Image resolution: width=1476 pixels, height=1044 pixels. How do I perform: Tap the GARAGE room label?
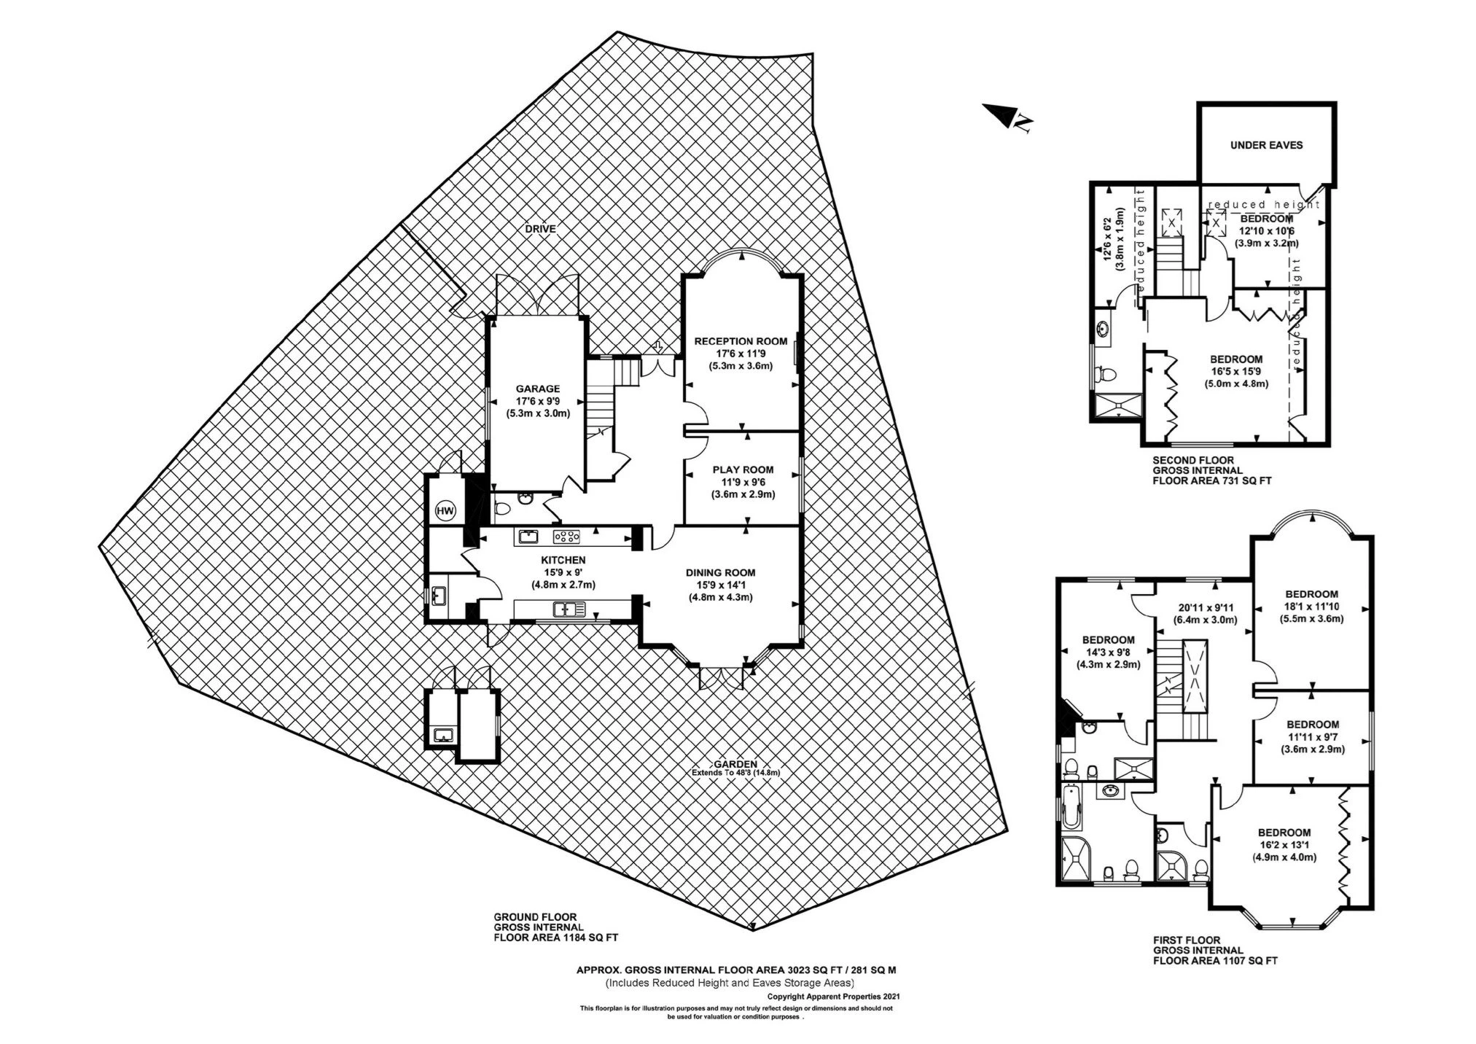(538, 389)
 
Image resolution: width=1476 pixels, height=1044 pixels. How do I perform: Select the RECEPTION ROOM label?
(741, 340)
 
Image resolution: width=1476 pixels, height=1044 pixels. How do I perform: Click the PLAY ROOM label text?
(743, 470)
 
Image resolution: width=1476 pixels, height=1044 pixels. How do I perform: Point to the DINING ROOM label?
(720, 572)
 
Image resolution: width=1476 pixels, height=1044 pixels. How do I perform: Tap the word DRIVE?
(540, 229)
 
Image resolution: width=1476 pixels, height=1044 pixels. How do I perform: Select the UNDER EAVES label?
(1266, 145)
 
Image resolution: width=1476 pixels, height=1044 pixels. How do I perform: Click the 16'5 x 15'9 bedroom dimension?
(1236, 371)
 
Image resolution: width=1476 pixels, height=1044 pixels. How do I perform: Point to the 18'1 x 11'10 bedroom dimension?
(1311, 607)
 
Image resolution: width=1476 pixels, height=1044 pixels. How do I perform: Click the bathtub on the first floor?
(1071, 808)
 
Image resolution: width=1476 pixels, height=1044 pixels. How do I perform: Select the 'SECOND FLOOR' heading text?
(1193, 460)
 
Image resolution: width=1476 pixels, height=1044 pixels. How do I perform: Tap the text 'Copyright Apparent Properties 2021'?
(834, 995)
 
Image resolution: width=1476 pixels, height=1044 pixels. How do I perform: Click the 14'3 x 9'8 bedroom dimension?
(1108, 652)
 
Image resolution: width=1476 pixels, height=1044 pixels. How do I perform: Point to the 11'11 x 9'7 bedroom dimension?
(1312, 736)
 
